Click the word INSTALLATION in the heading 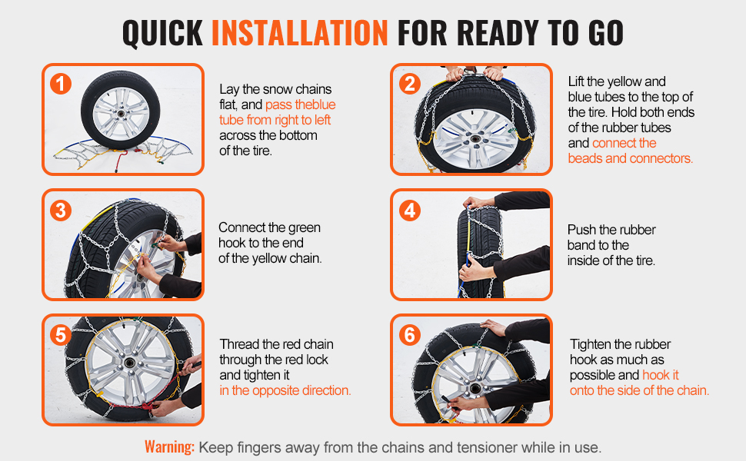click(300, 33)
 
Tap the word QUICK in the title click(163, 33)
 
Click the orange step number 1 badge click(61, 84)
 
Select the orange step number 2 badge click(410, 84)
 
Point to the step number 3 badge click(61, 210)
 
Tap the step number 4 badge click(410, 210)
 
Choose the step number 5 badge click(61, 334)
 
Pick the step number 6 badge click(410, 334)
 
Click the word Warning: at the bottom click(170, 447)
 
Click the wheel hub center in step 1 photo click(121, 114)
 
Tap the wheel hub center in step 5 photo click(128, 363)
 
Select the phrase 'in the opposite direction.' click(285, 390)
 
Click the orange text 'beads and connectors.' click(631, 158)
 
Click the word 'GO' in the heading click(606, 33)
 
